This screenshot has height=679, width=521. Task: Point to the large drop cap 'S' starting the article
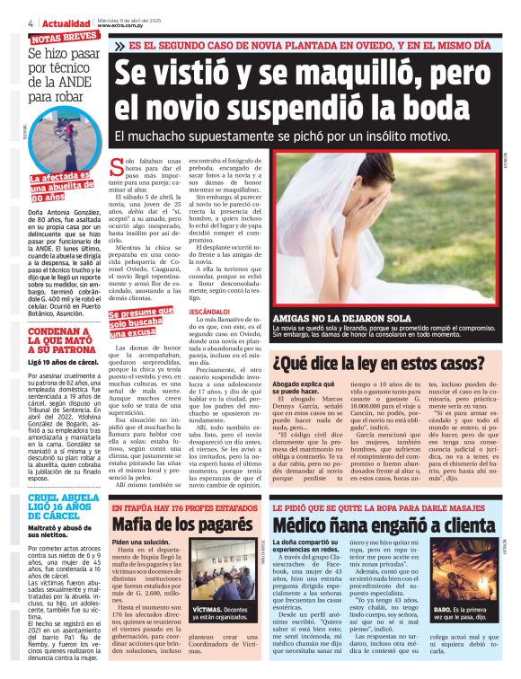[116, 167]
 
